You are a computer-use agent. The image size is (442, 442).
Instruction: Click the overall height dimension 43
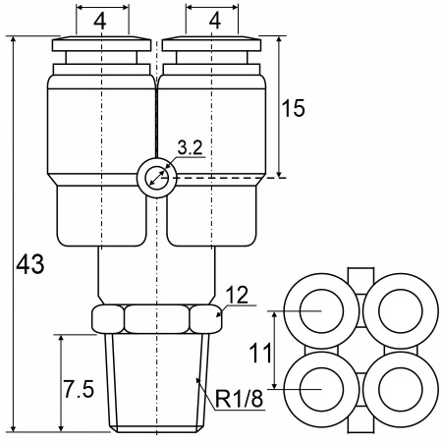coord(30,264)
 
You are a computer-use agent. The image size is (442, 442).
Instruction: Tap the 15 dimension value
coord(293,108)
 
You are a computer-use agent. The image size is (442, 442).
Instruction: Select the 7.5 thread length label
coord(79,389)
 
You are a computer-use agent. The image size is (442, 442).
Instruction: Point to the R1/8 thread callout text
coord(240,399)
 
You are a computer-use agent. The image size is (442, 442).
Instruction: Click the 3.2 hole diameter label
coord(191,147)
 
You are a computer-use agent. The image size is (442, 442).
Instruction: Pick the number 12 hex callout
coord(237,295)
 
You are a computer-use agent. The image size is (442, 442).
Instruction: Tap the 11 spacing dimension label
coord(260,353)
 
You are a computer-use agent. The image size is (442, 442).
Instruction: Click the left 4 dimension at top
coord(100,22)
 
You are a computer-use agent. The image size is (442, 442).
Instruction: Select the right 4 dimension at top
coord(214,22)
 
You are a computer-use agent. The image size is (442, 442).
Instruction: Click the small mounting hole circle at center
coord(157,178)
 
